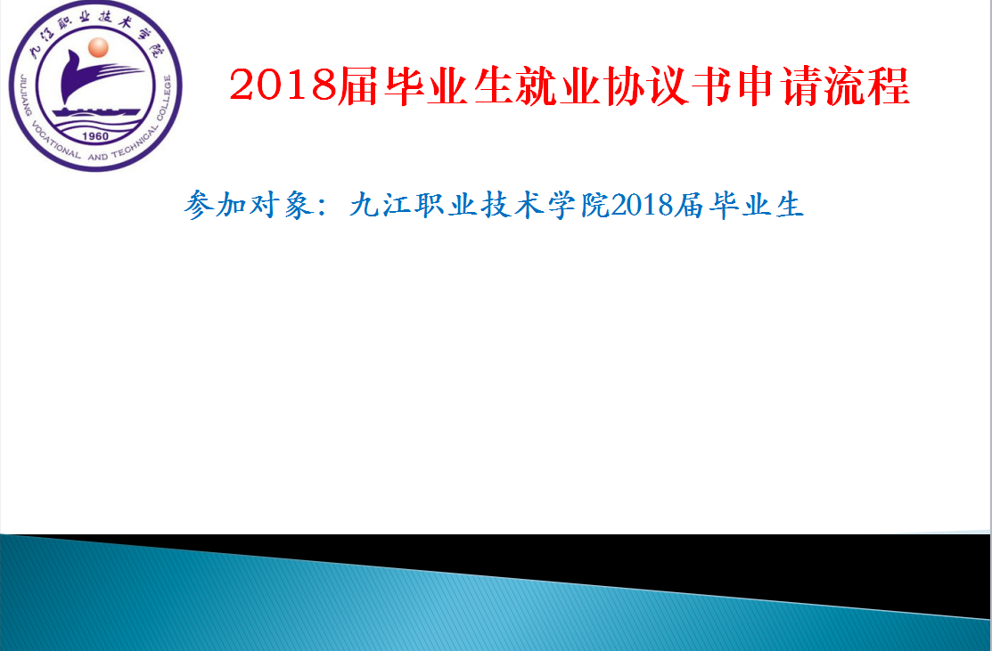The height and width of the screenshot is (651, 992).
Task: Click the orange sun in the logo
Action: pyautogui.click(x=98, y=47)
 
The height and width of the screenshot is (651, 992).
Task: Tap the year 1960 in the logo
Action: pyautogui.click(x=95, y=136)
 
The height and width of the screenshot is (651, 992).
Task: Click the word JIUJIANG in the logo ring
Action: pyautogui.click(x=25, y=94)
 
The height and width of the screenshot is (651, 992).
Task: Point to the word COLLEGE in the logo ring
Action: pyautogui.click(x=164, y=98)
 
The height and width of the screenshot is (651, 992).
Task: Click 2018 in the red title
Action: pyautogui.click(x=283, y=85)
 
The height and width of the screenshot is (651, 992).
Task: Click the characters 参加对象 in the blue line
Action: pyautogui.click(x=248, y=205)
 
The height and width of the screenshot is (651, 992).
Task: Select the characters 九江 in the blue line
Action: pyautogui.click(x=381, y=205)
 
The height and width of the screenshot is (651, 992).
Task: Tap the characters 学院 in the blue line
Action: pyautogui.click(x=578, y=205)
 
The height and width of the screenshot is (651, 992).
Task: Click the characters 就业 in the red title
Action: pyautogui.click(x=559, y=85)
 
